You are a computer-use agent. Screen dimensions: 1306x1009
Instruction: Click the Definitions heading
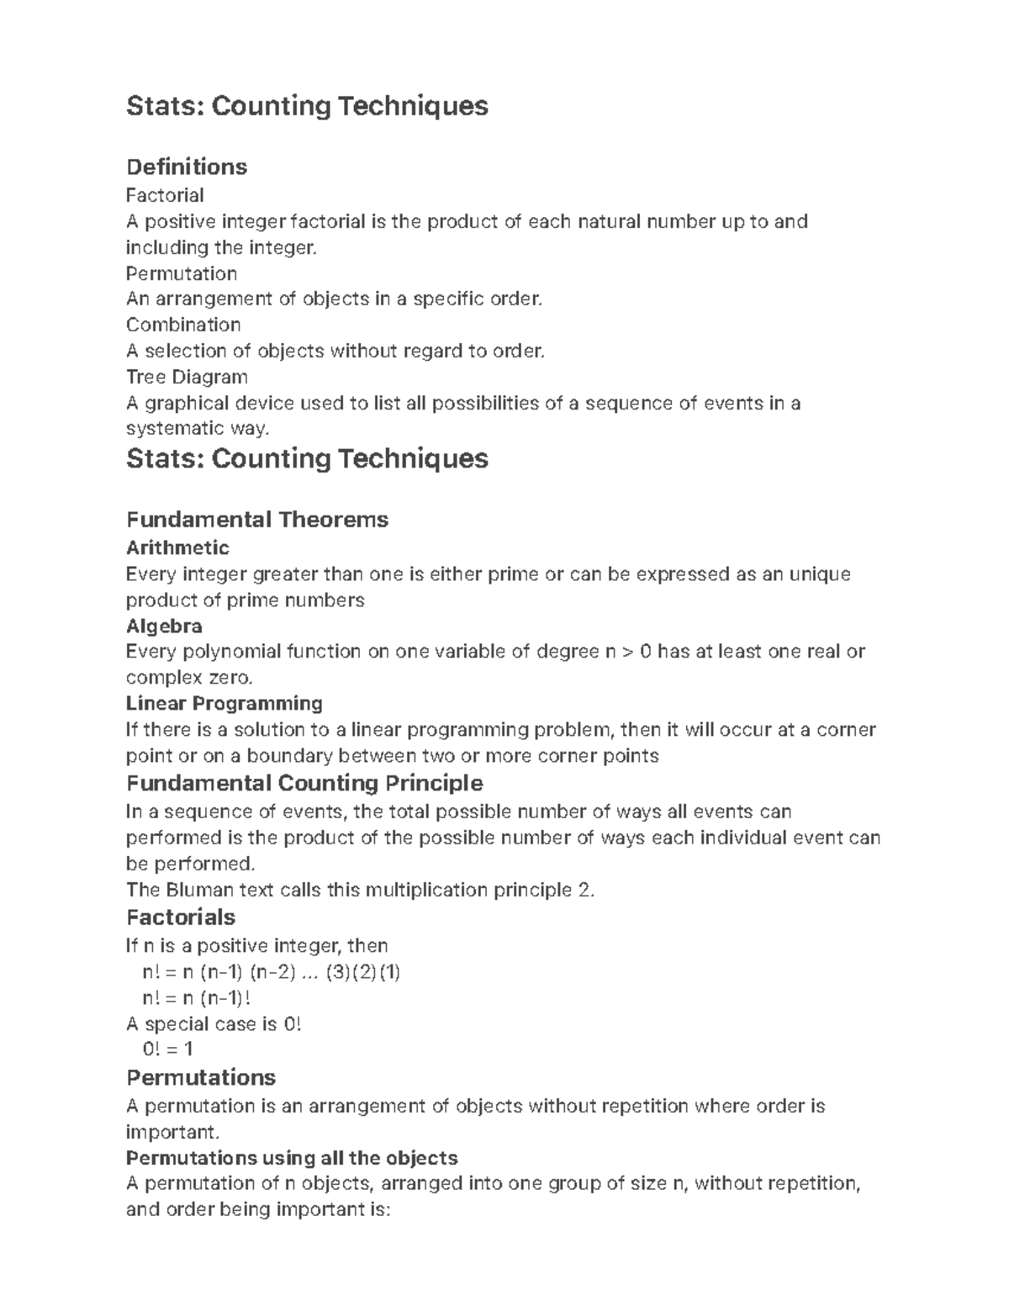click(186, 167)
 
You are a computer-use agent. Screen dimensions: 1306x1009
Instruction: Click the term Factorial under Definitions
click(165, 195)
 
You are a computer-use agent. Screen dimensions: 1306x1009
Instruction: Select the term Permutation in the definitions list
click(181, 273)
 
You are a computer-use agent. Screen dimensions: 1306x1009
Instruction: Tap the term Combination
click(183, 325)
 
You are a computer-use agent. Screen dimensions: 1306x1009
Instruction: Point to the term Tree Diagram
click(187, 377)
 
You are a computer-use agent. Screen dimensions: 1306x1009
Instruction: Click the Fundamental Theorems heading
click(256, 519)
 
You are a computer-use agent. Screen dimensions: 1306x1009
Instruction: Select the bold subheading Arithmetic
click(177, 548)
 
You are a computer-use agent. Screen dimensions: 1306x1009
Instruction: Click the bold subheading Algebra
click(164, 627)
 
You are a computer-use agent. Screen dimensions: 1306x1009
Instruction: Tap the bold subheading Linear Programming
click(224, 703)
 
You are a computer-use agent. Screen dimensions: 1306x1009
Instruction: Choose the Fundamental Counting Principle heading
click(304, 783)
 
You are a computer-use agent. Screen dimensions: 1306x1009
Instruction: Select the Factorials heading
click(180, 917)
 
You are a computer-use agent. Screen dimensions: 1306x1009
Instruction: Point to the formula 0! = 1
click(168, 1049)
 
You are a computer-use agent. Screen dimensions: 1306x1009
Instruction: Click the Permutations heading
click(200, 1077)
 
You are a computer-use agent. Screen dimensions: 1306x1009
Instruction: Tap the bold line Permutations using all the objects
click(291, 1158)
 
